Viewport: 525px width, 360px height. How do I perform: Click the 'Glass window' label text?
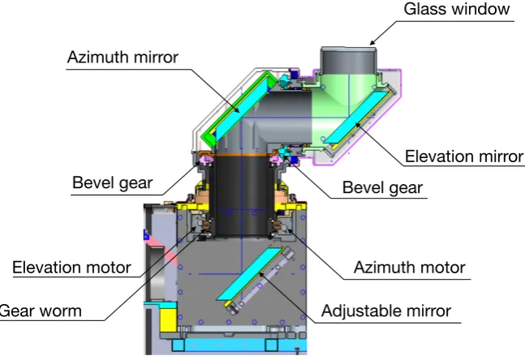456,9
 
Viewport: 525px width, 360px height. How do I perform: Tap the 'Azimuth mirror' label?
123,58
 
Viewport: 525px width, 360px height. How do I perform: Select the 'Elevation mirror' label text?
464,156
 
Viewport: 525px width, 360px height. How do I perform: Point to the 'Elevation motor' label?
71,268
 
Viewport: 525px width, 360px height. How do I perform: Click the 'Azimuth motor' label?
410,268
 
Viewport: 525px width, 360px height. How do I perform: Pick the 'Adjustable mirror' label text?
386,311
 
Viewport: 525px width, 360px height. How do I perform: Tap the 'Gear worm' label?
41,311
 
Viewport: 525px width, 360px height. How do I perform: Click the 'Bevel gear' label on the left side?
113,183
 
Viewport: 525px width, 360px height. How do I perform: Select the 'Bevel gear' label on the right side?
382,187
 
